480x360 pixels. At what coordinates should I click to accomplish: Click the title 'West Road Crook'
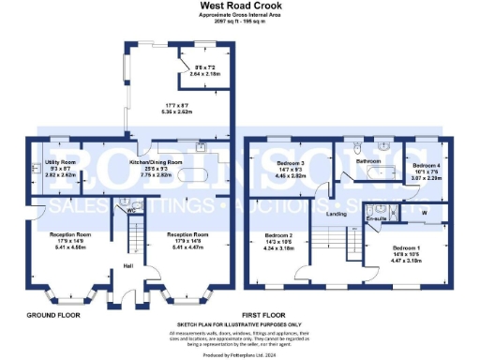[239, 5]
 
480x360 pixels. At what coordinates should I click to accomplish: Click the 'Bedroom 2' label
[278, 234]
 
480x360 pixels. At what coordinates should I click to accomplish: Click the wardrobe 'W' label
[424, 213]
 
